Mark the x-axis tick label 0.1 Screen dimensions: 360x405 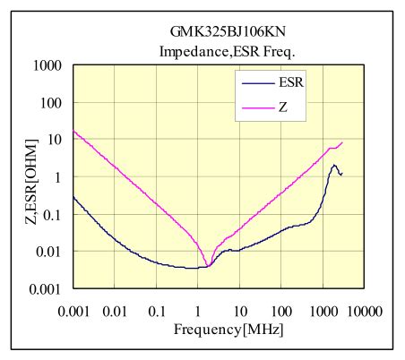(157, 311)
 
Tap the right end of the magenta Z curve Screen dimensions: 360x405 (342, 142)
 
